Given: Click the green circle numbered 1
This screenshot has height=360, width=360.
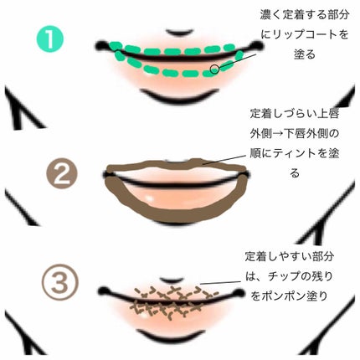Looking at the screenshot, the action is pyautogui.click(x=50, y=39).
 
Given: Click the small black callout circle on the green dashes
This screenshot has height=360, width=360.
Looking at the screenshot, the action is pyautogui.click(x=214, y=69).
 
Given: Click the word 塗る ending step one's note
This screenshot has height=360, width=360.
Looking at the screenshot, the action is pyautogui.click(x=305, y=54).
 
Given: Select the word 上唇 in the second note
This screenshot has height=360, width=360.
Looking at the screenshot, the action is pyautogui.click(x=328, y=114).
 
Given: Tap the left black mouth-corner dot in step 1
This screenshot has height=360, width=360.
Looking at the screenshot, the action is pyautogui.click(x=101, y=45).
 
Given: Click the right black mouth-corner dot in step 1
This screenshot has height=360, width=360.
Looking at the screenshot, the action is pyautogui.click(x=257, y=44).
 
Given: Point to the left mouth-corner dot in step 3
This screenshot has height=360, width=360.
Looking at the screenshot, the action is pyautogui.click(x=104, y=291).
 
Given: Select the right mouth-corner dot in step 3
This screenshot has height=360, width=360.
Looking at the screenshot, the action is pyautogui.click(x=239, y=293).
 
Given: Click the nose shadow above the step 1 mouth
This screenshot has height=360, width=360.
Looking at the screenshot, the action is pyautogui.click(x=179, y=33).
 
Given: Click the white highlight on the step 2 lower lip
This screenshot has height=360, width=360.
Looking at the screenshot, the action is pyautogui.click(x=150, y=198).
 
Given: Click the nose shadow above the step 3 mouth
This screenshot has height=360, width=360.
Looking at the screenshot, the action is pyautogui.click(x=172, y=280).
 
